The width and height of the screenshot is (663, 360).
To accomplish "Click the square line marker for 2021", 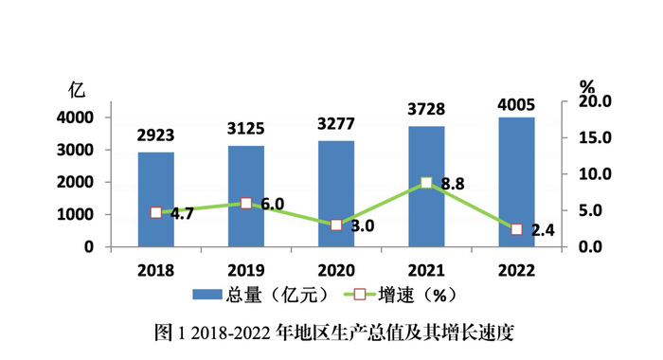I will pos(426,183).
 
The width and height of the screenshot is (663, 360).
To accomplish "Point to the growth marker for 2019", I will pos(246,203).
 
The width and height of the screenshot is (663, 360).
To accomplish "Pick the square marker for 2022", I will pos(516,229).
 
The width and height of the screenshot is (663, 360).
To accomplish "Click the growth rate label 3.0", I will pos(363,226).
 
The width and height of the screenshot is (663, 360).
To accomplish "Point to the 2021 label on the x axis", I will pos(426,270).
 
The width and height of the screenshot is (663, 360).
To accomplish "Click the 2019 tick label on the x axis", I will pos(245,270).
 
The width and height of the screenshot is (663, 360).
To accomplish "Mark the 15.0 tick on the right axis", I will pos(598,137).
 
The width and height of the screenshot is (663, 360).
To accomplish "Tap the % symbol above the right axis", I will pos(586,84).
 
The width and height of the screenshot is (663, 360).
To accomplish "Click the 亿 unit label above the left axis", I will pos(77,91).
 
